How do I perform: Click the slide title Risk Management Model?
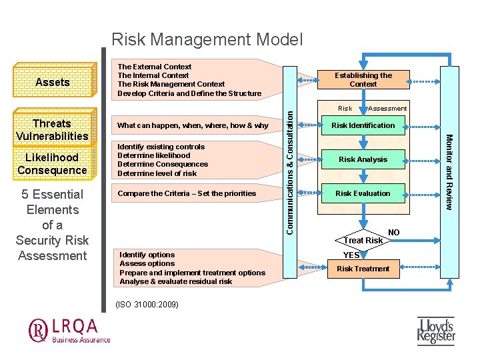(207, 40)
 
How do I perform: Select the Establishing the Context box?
(363, 80)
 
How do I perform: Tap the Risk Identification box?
(363, 125)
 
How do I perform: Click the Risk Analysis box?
(363, 159)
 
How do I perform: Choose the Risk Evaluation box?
(363, 193)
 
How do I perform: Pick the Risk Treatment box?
(363, 269)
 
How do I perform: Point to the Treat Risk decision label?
(363, 240)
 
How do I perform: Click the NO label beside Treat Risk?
(394, 233)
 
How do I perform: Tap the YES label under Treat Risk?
(351, 255)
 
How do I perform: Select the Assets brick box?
(52, 82)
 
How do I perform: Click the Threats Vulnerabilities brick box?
(52, 129)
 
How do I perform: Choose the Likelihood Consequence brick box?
(52, 163)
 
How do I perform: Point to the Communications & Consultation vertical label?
(289, 171)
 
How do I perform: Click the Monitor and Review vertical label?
(449, 171)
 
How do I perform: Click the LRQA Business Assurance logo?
(69, 330)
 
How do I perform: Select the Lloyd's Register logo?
(436, 331)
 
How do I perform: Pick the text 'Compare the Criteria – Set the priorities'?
(187, 193)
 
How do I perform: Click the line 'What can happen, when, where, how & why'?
(193, 125)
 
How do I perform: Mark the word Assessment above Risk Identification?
(387, 108)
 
